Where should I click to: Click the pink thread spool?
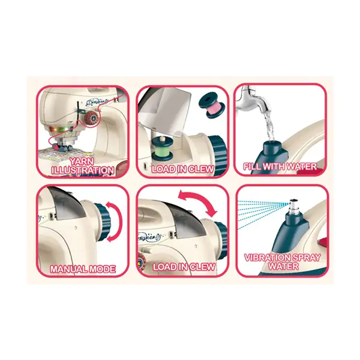coord(211,106)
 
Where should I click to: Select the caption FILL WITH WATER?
coord(280,166)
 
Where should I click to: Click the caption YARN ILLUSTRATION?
coord(83,166)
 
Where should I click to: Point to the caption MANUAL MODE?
coord(83,269)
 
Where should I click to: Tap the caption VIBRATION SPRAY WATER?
coord(282,262)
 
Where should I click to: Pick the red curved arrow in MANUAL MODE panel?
coord(114,222)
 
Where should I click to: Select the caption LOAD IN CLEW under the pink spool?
coord(183,169)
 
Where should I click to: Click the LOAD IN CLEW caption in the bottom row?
coord(184,267)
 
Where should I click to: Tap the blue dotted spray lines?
coord(263,213)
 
